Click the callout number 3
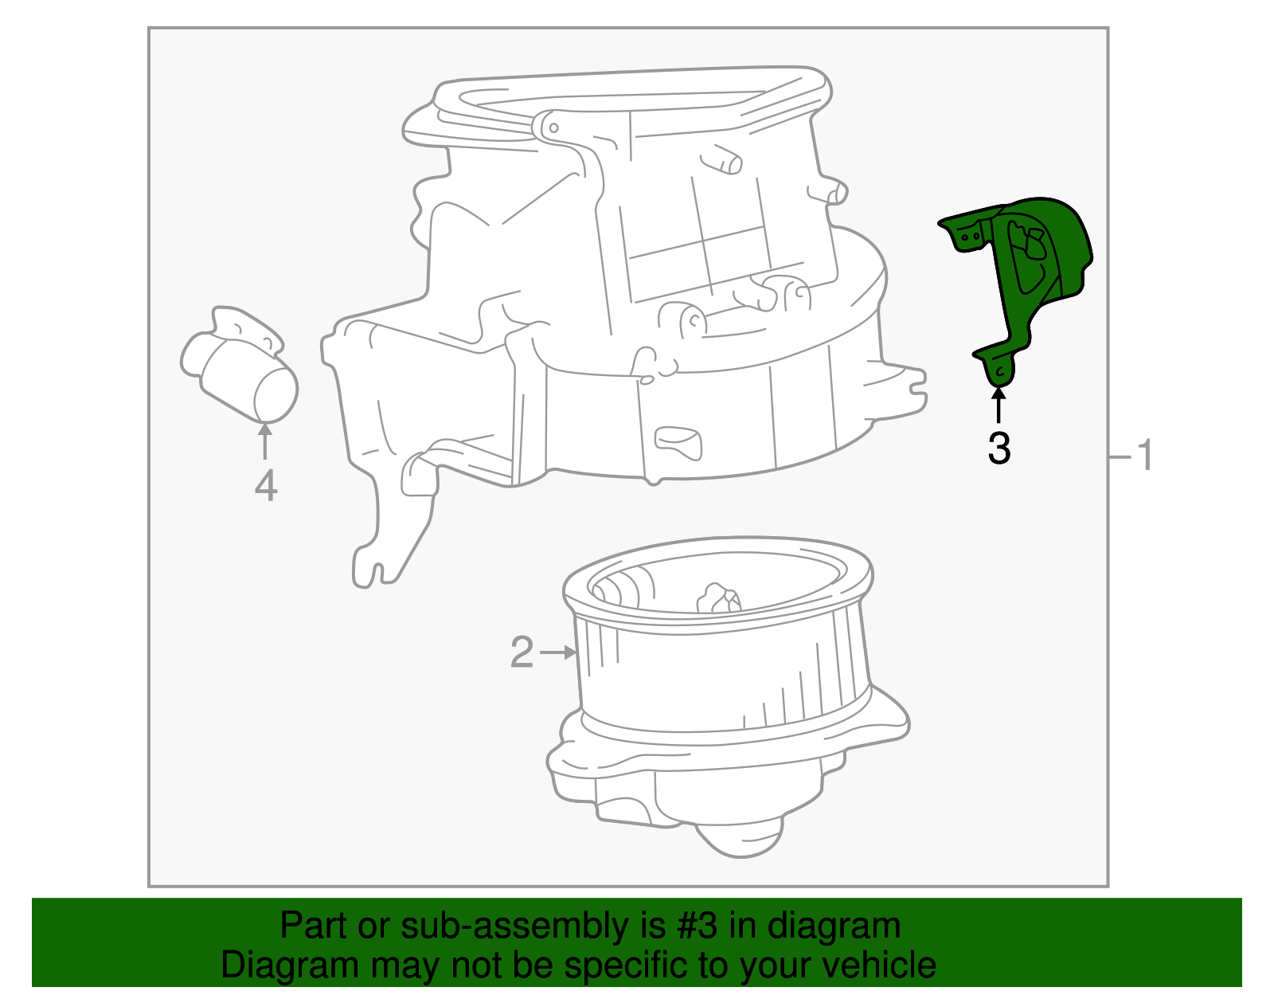[x=998, y=449]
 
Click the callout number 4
[x=266, y=486]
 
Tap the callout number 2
[x=522, y=653]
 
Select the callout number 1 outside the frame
[x=1144, y=456]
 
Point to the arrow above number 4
[x=265, y=441]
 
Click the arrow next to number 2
[x=559, y=652]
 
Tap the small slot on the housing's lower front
[x=678, y=441]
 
